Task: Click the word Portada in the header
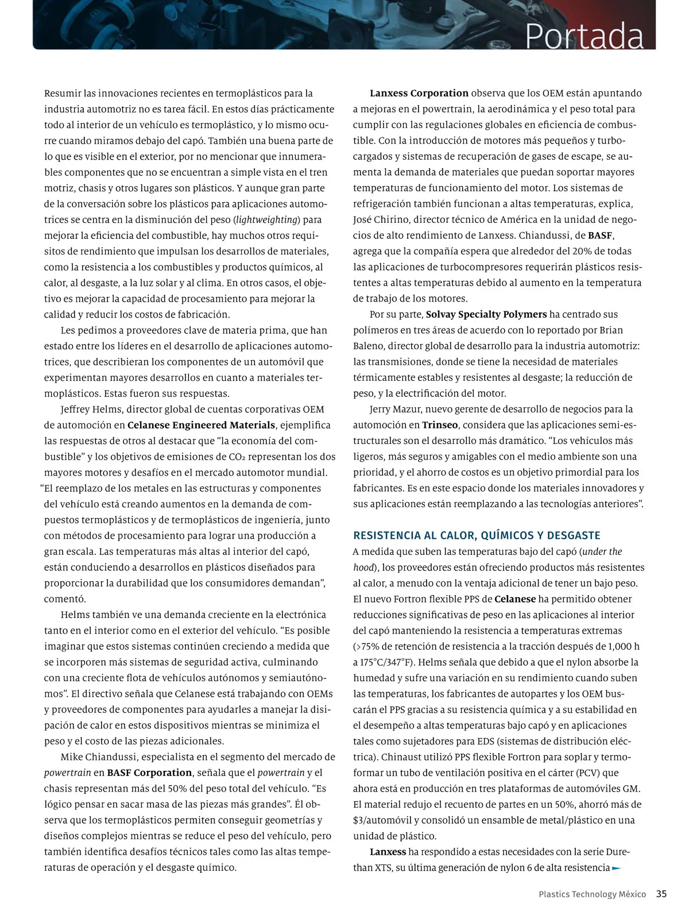pos(584,36)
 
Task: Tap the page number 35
pos(661,894)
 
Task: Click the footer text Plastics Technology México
pos(592,894)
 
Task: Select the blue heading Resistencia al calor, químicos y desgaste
pos(477,535)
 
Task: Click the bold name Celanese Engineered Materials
pos(201,425)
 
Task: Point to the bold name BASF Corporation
pos(149,773)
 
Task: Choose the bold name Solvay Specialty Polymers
pos(486,314)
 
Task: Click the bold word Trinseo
pos(440,425)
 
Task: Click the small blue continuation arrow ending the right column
pos(617,868)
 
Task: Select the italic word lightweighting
pos(268,219)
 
